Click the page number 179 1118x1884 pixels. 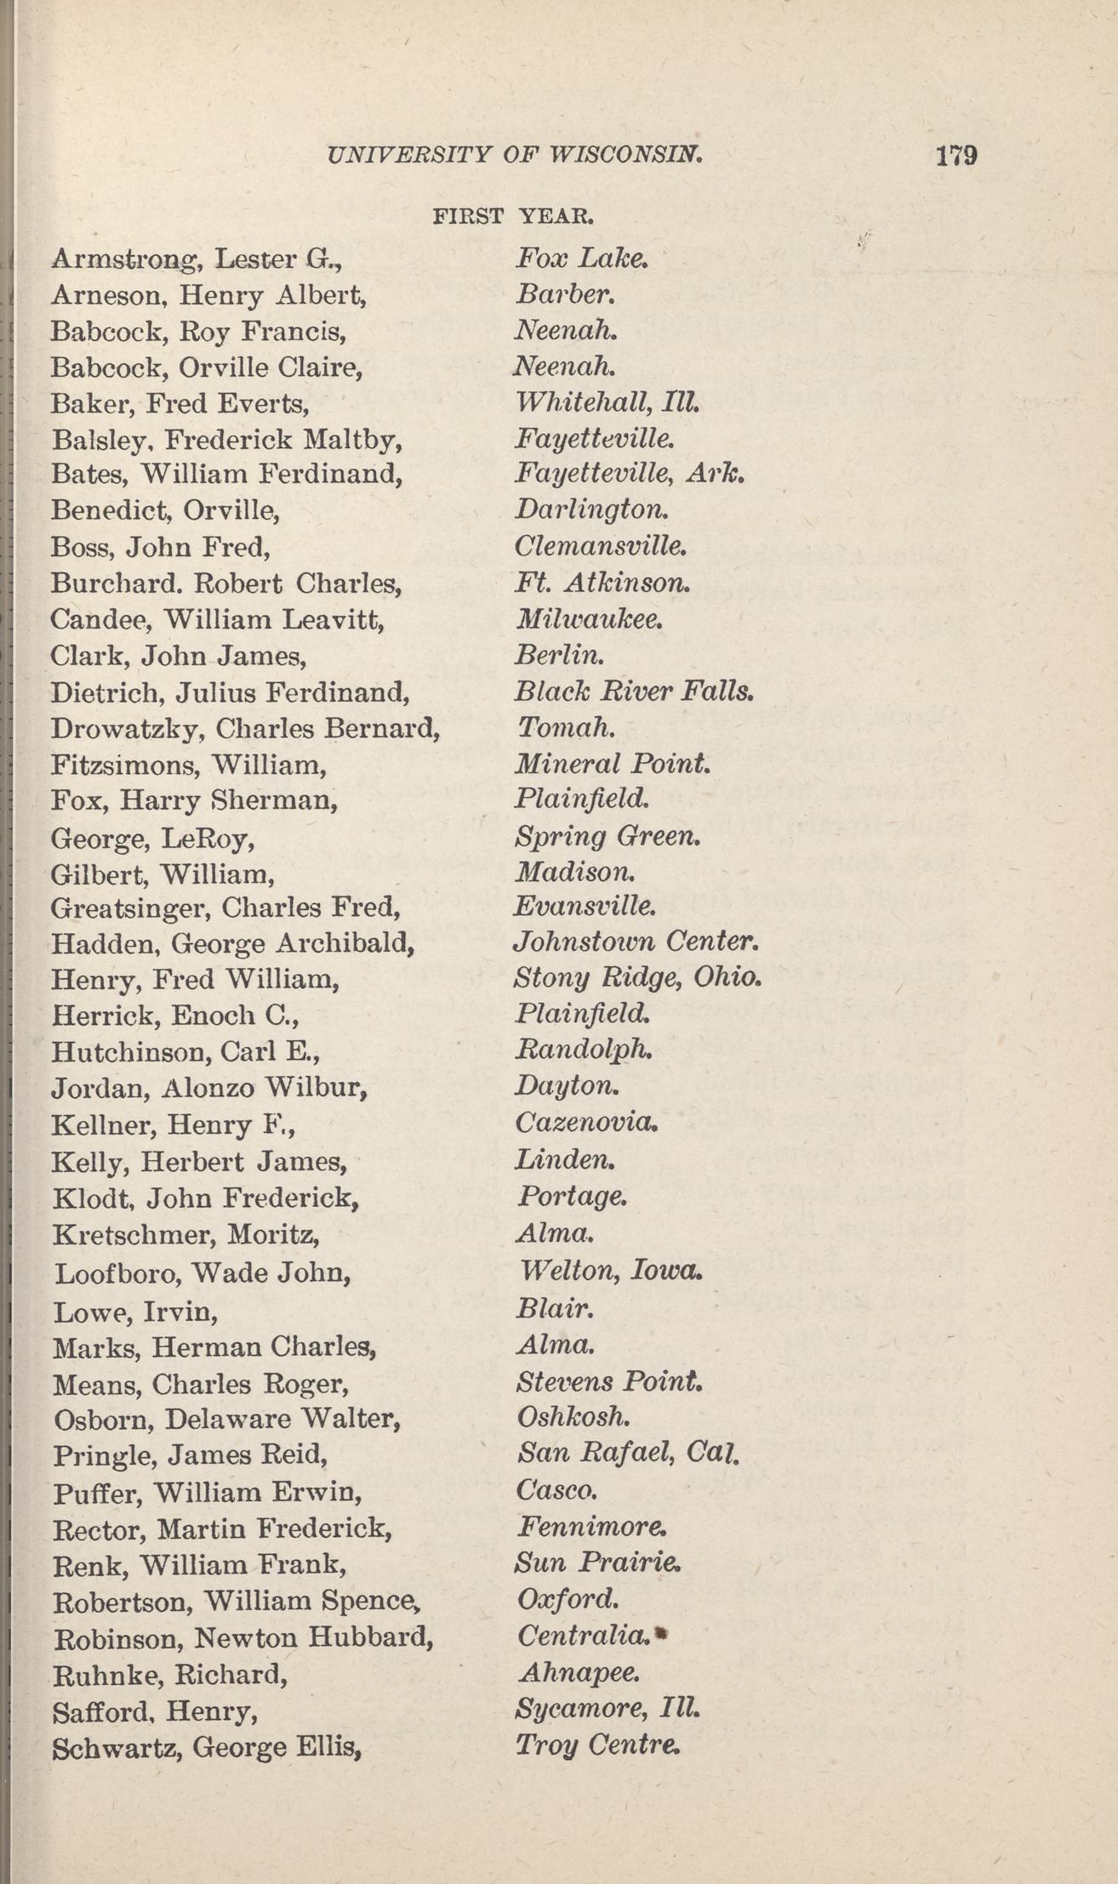pyautogui.click(x=955, y=156)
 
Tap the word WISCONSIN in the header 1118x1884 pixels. pyautogui.click(x=625, y=155)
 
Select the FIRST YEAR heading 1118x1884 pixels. pyautogui.click(x=512, y=216)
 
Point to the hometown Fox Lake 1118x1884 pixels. pyautogui.click(x=582, y=258)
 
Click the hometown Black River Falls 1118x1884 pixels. pyautogui.click(x=634, y=691)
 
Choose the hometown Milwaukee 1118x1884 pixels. pyautogui.click(x=589, y=618)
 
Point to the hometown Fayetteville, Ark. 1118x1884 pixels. pyautogui.click(x=630, y=474)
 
